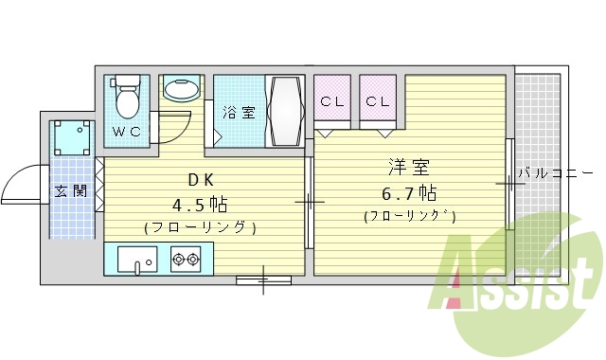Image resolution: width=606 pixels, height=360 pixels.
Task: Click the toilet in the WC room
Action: (x=126, y=95)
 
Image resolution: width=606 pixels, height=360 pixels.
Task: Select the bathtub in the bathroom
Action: (x=285, y=111)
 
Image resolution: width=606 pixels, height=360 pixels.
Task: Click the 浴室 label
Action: (x=239, y=113)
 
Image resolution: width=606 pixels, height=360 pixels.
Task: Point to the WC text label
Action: (x=127, y=132)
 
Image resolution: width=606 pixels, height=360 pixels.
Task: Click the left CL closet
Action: (x=331, y=100)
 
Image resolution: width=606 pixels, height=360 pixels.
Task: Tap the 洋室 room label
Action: (x=409, y=168)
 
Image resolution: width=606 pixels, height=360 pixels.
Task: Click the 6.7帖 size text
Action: (x=409, y=193)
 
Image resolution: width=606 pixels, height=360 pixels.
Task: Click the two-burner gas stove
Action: (x=185, y=258)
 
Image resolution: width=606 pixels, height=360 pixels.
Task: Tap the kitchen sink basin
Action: (x=139, y=258)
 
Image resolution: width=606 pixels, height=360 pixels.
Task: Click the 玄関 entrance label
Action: (x=70, y=190)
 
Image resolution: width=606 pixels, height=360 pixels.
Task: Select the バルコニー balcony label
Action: (x=551, y=174)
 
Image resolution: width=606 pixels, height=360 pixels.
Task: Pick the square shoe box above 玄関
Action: (x=72, y=138)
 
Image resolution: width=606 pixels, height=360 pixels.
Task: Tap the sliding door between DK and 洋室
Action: (x=309, y=201)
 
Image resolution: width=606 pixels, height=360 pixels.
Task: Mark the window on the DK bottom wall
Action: (x=263, y=279)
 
